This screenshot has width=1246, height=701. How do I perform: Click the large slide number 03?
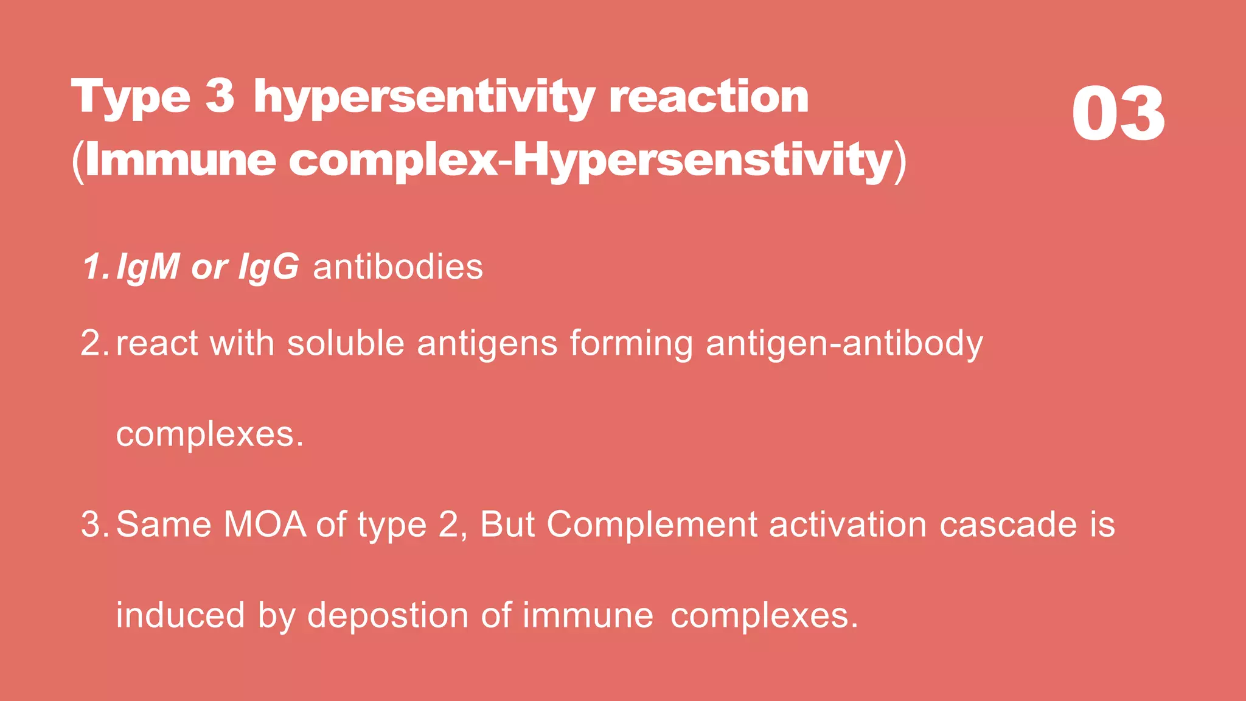coord(1118,114)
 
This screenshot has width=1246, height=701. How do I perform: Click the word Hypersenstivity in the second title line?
coord(703,160)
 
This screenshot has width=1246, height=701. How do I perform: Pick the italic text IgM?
coord(148,267)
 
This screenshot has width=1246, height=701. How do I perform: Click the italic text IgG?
coord(268,267)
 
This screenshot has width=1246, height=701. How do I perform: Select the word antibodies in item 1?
coord(398,267)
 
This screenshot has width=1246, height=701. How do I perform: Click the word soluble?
coord(346,343)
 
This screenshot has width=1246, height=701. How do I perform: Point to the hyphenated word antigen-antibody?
coord(844,343)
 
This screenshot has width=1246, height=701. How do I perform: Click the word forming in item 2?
coord(631,344)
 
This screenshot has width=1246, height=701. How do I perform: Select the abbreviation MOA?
coord(265,524)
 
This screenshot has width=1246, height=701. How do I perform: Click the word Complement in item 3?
coord(652,524)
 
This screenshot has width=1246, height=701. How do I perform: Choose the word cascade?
coord(1008,524)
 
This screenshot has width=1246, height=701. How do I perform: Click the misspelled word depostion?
coord(388,615)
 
